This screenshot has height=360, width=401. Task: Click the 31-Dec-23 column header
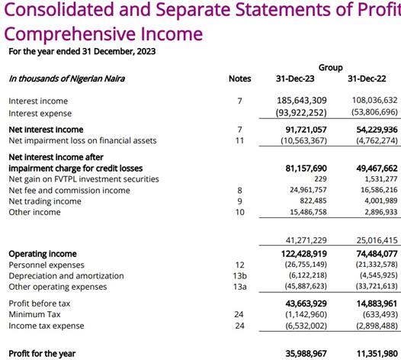point(295,79)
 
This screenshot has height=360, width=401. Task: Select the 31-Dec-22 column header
point(367,79)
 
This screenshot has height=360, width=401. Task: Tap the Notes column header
point(239,79)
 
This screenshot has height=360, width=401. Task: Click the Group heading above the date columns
point(330,68)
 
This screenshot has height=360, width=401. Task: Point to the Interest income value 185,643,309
point(302,101)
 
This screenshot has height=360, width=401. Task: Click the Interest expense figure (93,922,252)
point(301,113)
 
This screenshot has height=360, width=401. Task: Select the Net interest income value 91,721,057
point(306,130)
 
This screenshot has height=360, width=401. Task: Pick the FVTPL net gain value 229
point(320,178)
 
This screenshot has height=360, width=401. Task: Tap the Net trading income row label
point(45,201)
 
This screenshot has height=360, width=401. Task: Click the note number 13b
point(239,276)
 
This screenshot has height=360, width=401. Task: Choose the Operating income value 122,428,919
point(304,253)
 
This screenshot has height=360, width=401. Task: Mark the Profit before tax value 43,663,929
point(306,304)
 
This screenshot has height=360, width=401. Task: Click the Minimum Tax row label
point(34,314)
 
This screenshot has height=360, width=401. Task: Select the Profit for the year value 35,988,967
point(306,354)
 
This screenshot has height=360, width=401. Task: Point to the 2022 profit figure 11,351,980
point(377,354)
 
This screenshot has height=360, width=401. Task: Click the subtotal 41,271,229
point(306,240)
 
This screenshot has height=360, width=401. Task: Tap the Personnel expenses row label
point(47,265)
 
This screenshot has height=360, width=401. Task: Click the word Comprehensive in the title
point(69,34)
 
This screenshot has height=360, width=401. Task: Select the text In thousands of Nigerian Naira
point(67,79)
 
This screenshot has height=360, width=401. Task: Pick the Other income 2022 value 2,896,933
point(381,212)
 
